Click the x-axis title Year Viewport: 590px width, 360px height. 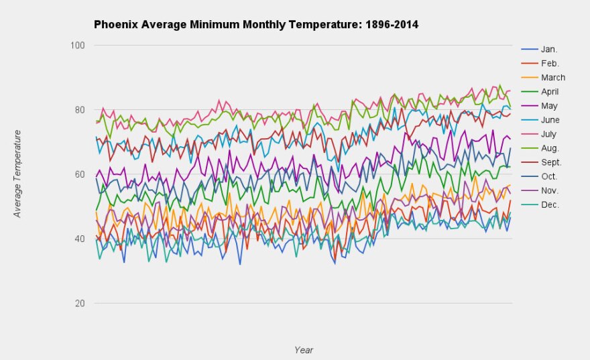(x=303, y=349)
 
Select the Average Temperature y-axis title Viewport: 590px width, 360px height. (x=18, y=174)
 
